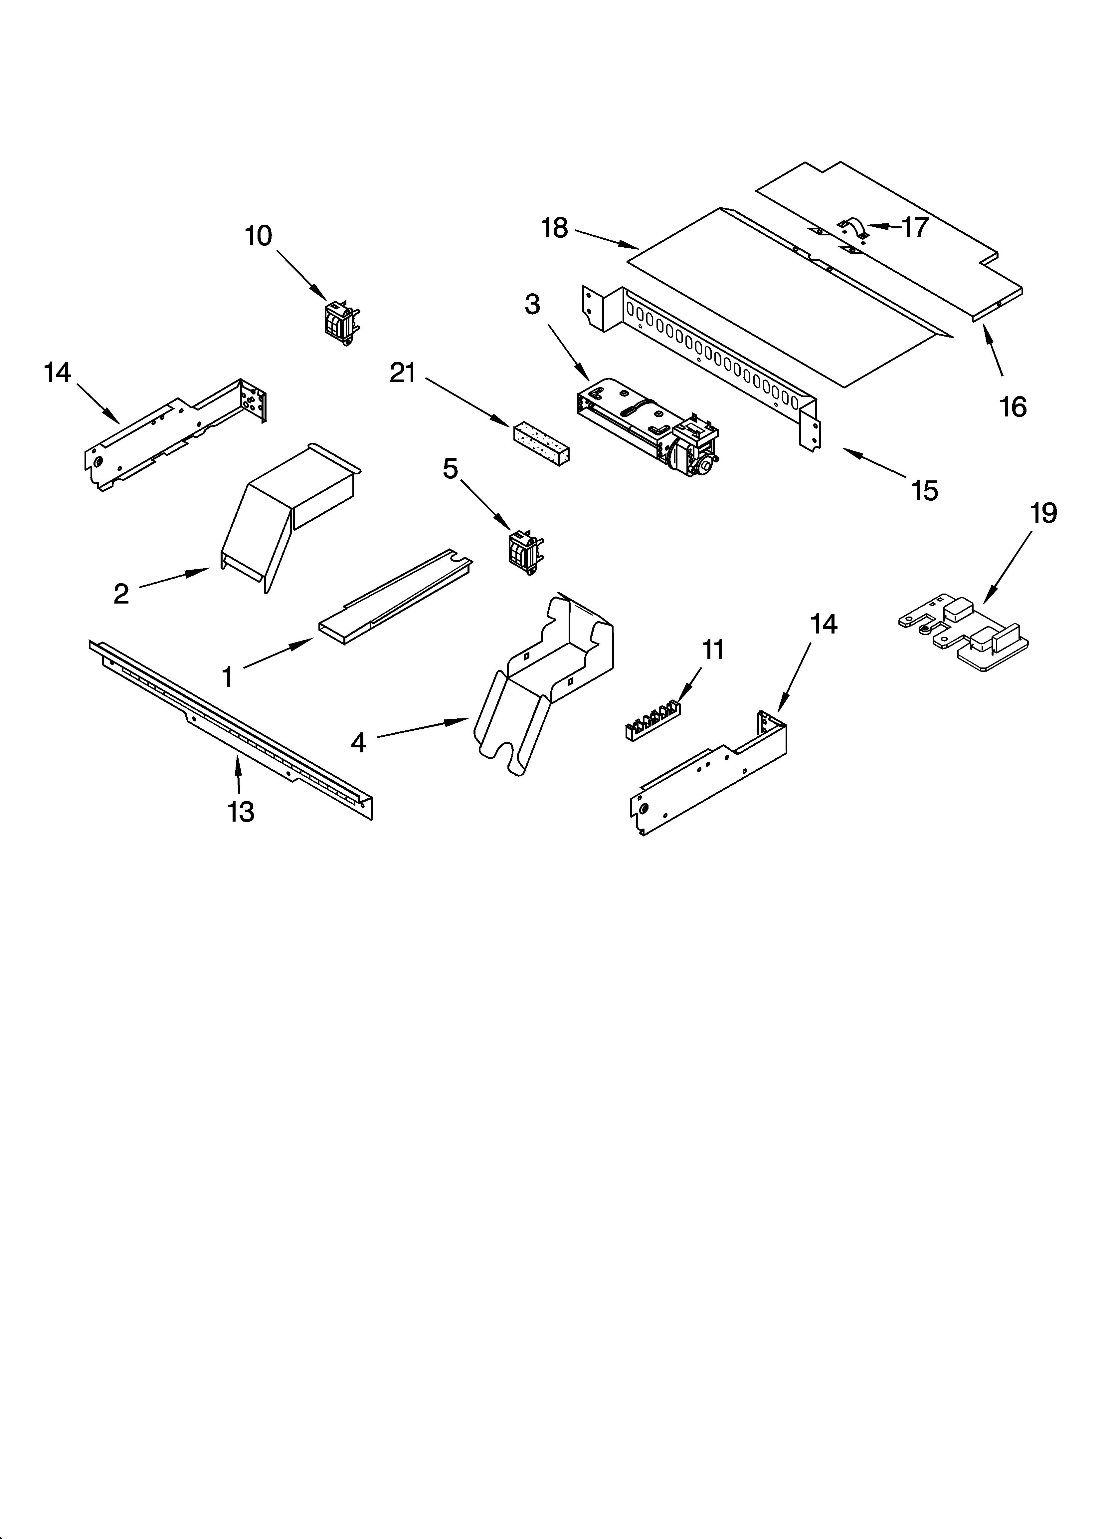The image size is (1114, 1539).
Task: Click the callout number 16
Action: [1013, 407]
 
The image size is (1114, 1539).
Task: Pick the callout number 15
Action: [925, 490]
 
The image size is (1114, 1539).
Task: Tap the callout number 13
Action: [241, 812]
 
